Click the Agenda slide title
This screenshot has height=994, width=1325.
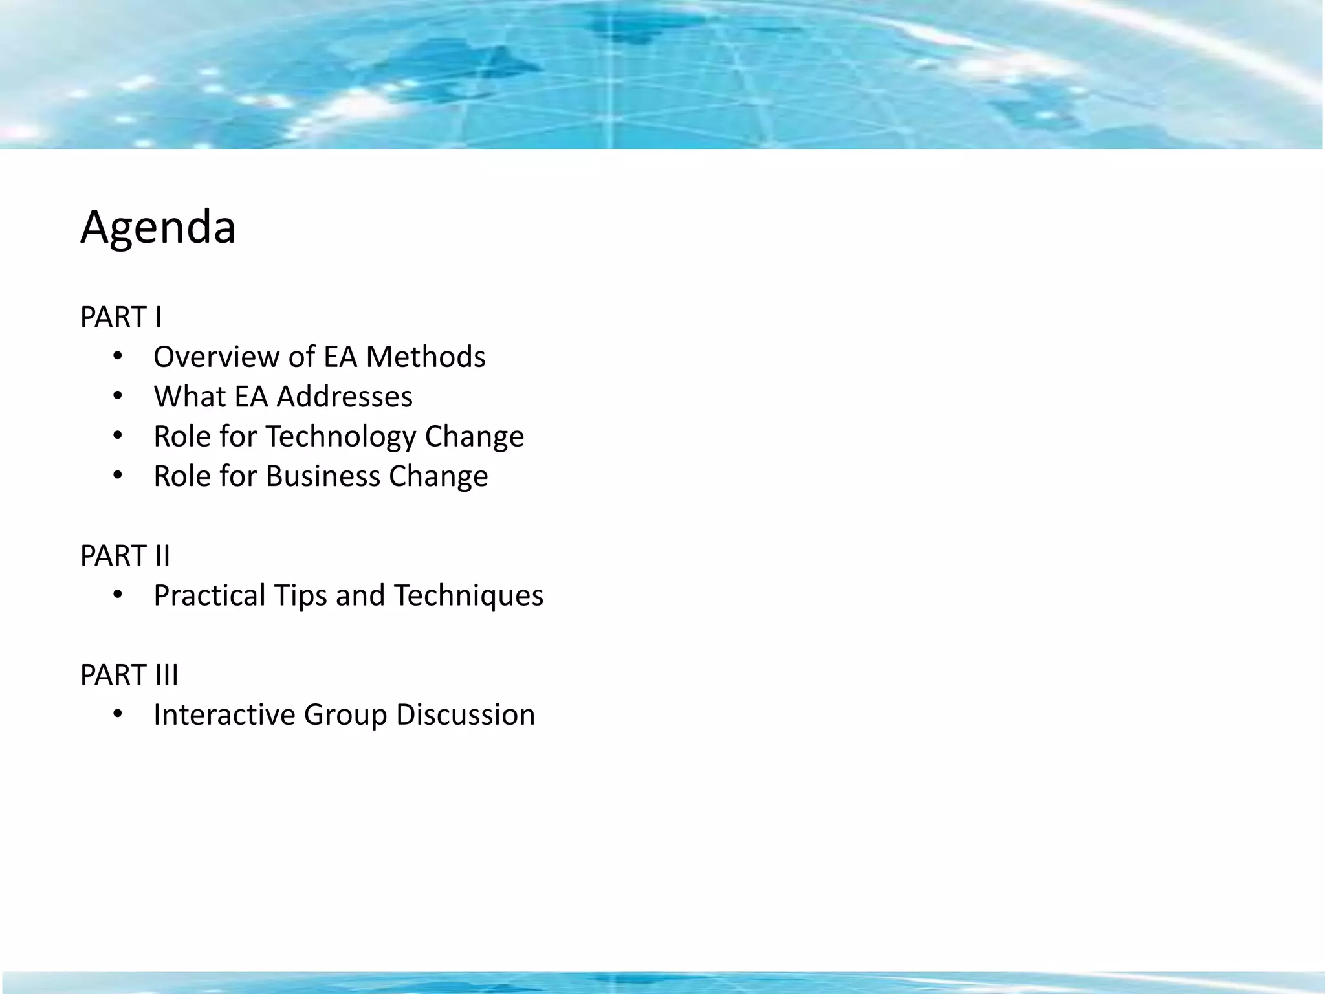[x=158, y=228]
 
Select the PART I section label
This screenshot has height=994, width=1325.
[x=121, y=317]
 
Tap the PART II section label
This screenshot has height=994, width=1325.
[x=125, y=556]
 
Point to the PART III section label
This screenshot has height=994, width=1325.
[x=129, y=675]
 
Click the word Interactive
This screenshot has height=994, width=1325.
[x=224, y=715]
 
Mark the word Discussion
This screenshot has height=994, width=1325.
[x=465, y=715]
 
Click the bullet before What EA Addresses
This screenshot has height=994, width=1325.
[x=117, y=396]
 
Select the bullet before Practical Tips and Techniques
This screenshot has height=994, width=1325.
[x=117, y=595]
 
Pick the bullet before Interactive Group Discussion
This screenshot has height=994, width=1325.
[x=117, y=714]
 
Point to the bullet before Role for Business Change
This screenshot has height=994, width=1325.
[x=117, y=476]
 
